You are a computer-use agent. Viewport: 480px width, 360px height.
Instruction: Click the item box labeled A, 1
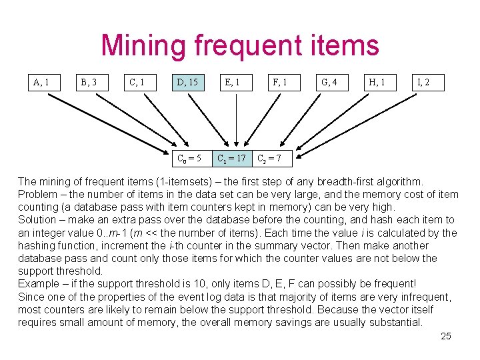(41, 83)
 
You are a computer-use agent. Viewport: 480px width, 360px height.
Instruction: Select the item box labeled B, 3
(89, 83)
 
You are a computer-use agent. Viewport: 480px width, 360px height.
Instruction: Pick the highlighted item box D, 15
(186, 83)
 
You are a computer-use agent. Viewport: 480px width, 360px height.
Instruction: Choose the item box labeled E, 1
(233, 83)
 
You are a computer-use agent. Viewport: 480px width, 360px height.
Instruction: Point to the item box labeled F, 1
(280, 83)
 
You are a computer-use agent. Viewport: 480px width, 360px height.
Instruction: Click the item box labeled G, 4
(329, 83)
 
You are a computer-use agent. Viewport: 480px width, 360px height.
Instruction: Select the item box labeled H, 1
(377, 83)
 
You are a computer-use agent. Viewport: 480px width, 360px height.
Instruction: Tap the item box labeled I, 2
(423, 83)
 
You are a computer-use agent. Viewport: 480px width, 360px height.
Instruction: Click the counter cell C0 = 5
(189, 158)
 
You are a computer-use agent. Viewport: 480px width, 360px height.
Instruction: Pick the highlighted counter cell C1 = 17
(232, 158)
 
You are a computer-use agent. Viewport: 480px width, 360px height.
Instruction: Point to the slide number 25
(446, 336)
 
